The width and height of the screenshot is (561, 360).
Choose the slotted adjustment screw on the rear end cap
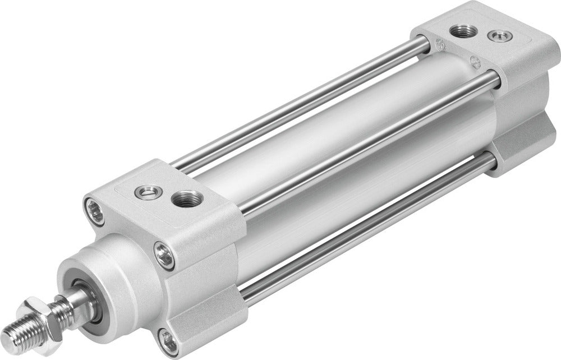pos(495,37)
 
